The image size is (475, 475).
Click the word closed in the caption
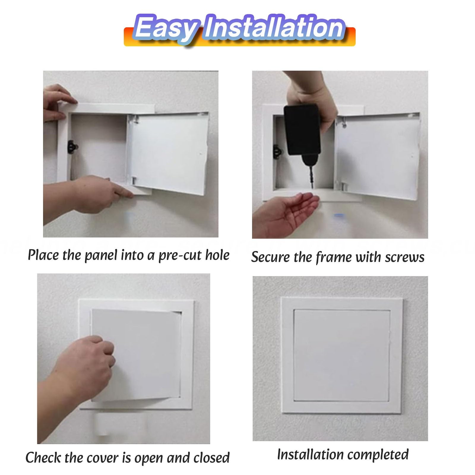(212, 457)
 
